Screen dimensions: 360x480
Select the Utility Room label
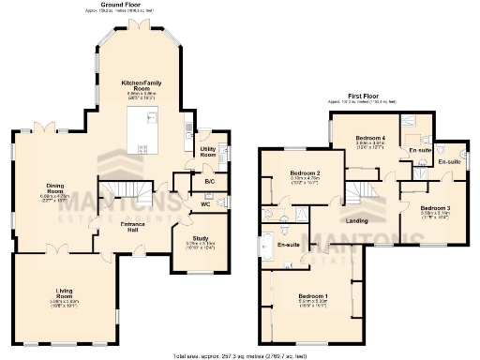pyautogui.click(x=208, y=151)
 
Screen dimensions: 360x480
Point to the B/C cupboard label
pyautogui.click(x=184, y=180)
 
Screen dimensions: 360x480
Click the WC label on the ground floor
pyautogui.click(x=204, y=204)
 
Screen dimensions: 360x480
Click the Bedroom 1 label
pyautogui.click(x=312, y=298)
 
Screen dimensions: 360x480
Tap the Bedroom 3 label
pyautogui.click(x=436, y=207)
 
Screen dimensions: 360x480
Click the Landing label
pyautogui.click(x=356, y=221)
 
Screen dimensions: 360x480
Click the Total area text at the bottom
pyautogui.click(x=240, y=355)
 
